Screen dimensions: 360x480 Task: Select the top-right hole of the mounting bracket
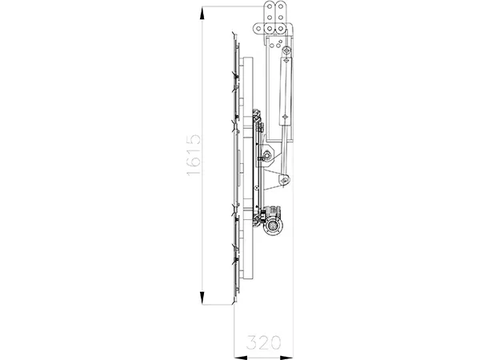point(282,10)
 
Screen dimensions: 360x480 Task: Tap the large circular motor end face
point(274,228)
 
